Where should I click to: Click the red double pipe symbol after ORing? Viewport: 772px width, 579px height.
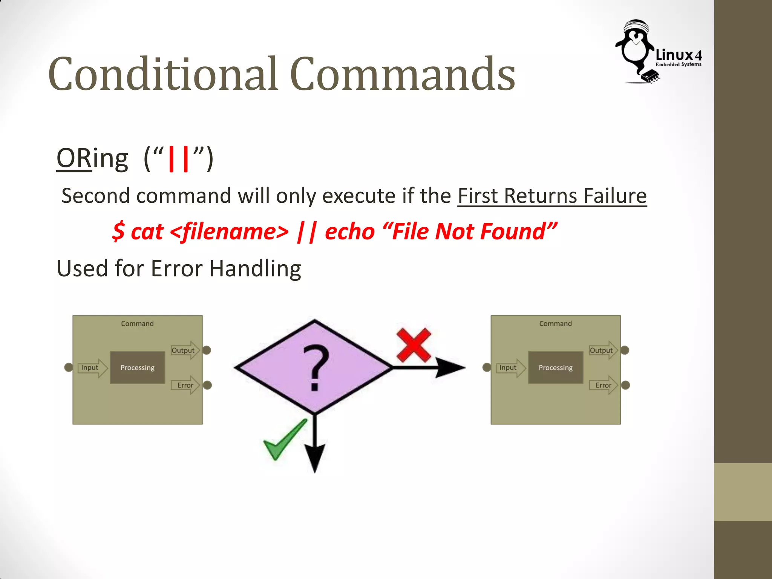[178, 159]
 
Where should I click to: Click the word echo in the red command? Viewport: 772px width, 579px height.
[349, 231]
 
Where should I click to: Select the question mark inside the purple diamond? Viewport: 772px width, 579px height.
[316, 368]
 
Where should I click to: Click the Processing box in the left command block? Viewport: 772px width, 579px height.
[138, 368]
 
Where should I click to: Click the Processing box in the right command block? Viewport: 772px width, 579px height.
[556, 368]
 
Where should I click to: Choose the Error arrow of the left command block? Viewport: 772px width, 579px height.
[185, 385]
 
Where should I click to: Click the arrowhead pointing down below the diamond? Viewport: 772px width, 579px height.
[315, 458]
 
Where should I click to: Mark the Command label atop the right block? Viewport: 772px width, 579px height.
[555, 323]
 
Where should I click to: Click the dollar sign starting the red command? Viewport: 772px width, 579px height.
[118, 231]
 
